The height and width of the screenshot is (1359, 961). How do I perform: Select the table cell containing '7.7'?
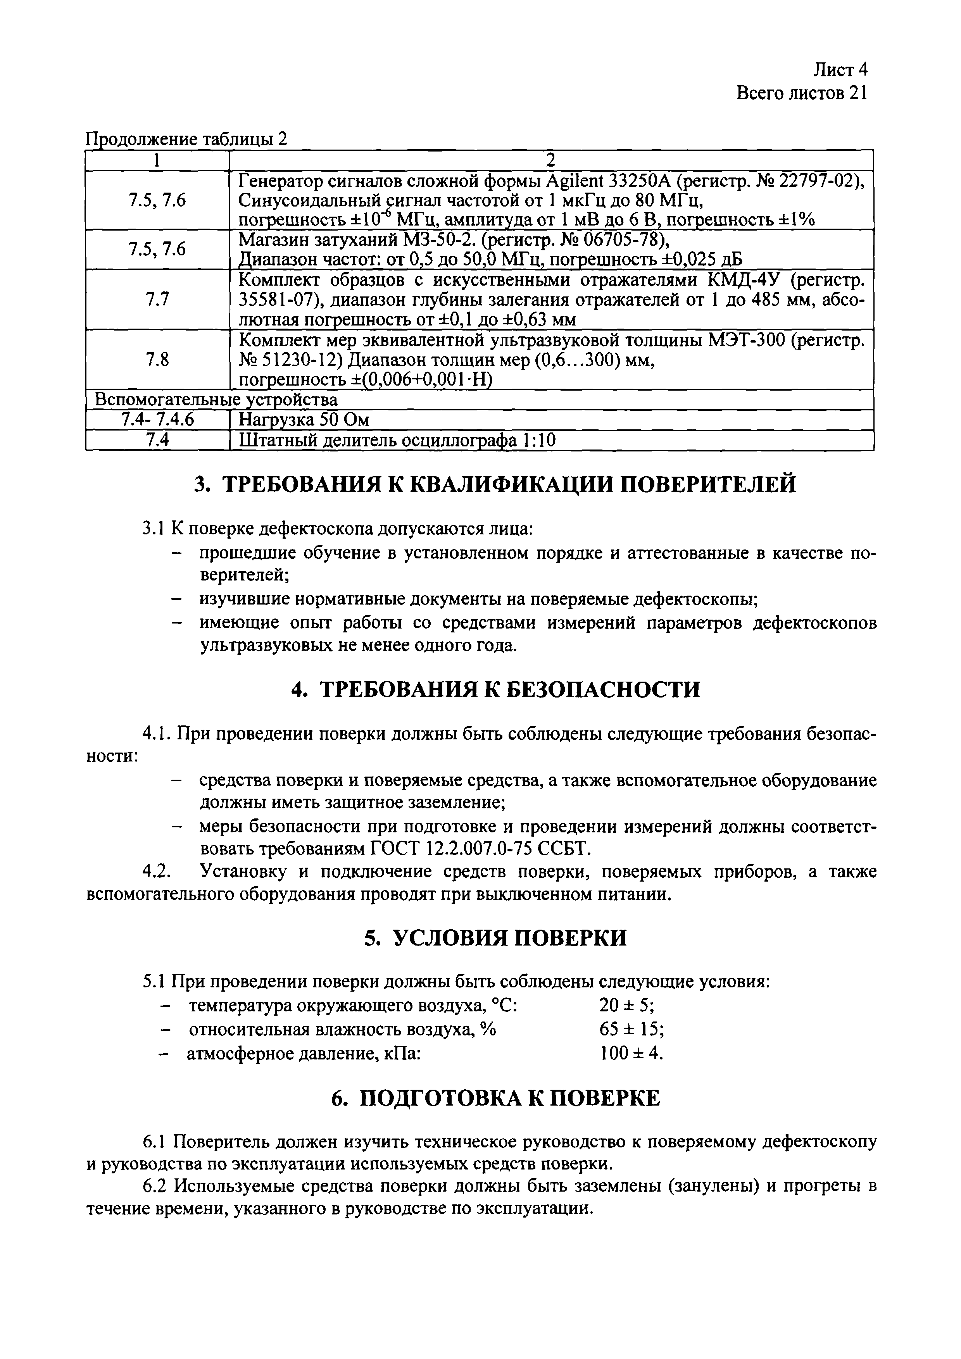coord(157,300)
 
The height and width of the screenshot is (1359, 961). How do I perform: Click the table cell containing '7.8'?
coord(157,359)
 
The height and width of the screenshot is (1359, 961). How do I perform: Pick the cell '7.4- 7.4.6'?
coord(157,420)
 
